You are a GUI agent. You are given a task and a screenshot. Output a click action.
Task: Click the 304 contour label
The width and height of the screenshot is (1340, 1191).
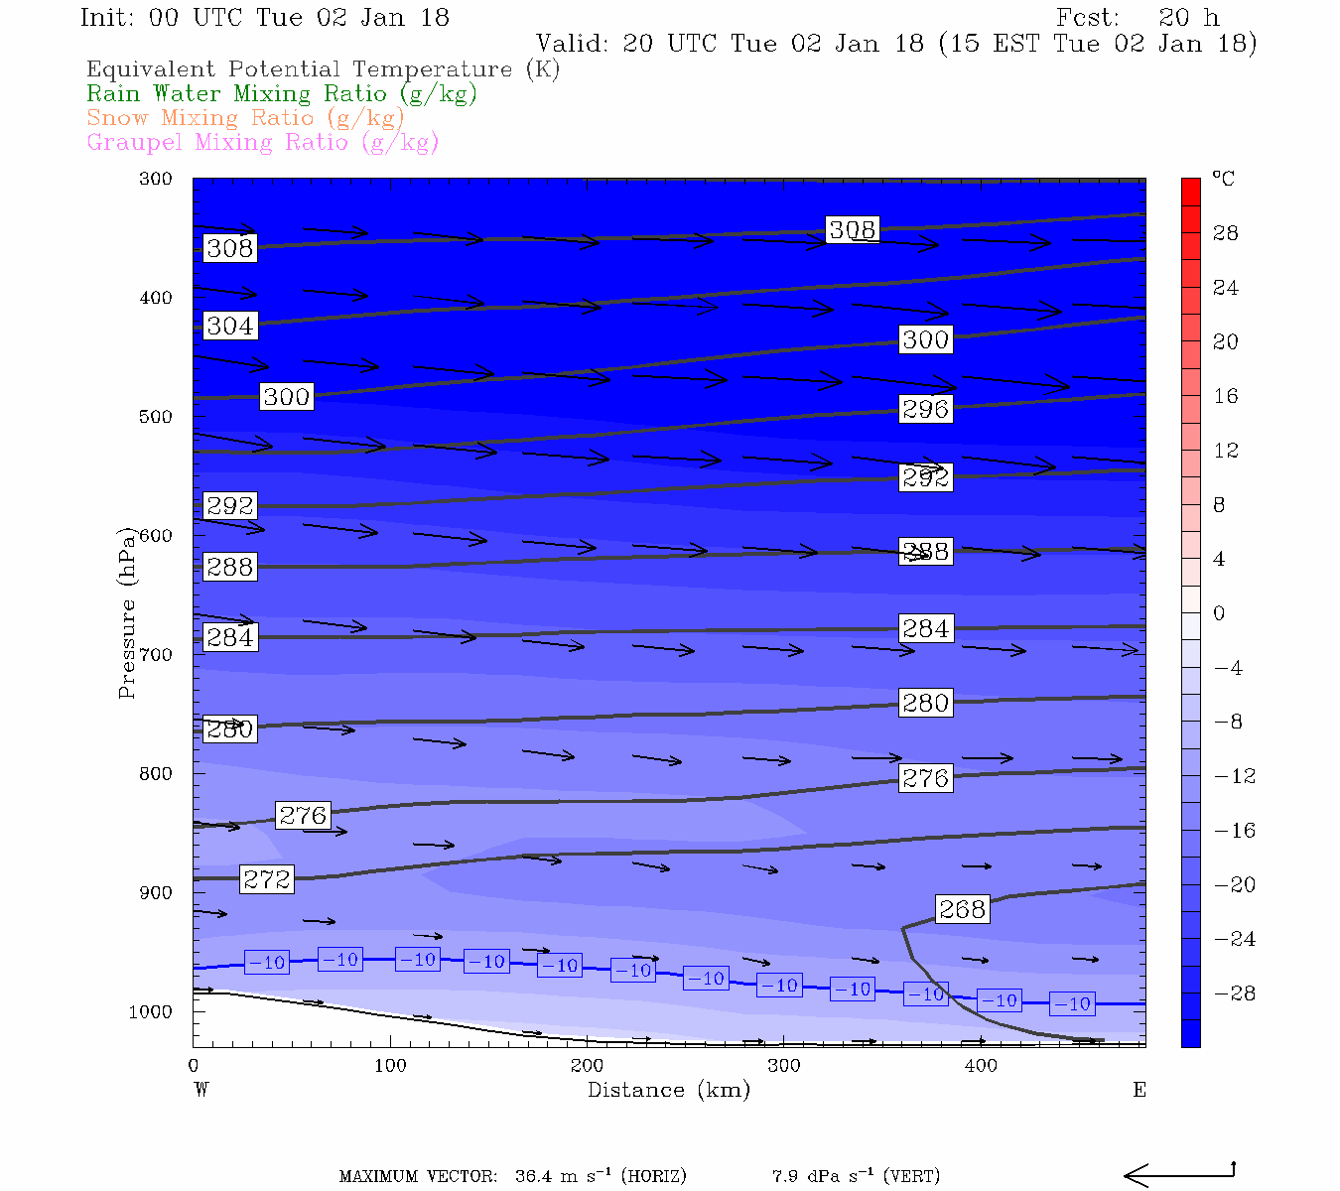[x=230, y=326]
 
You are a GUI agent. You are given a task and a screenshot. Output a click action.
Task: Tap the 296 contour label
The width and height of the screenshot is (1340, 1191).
[x=925, y=409]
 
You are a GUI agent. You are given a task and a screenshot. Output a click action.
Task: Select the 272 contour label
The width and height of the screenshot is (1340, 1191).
[x=267, y=879]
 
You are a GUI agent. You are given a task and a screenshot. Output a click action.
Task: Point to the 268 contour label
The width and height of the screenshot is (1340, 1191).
[x=962, y=909]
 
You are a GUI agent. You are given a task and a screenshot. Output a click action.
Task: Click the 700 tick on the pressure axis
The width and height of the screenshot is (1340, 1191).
[x=156, y=655]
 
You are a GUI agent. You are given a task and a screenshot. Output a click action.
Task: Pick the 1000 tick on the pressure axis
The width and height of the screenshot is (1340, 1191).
[x=151, y=1012]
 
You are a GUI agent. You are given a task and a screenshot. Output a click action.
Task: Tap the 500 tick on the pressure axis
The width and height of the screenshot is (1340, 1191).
[x=156, y=417]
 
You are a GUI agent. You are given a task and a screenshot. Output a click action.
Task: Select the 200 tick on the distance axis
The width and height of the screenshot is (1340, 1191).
[x=587, y=1066]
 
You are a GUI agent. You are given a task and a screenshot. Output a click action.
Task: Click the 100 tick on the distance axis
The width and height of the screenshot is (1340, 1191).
[x=390, y=1066]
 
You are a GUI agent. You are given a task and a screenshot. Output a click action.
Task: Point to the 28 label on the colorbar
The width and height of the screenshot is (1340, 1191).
[x=1226, y=234]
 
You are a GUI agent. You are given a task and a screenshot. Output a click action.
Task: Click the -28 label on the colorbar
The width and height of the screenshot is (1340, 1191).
[x=1235, y=993]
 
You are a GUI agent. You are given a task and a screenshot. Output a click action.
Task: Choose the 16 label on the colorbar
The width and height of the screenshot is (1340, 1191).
[x=1226, y=397]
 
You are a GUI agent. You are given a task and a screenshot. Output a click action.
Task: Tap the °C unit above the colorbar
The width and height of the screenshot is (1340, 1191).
[x=1223, y=179]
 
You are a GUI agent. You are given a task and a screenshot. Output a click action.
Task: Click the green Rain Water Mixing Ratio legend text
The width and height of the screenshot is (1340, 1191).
[x=282, y=94]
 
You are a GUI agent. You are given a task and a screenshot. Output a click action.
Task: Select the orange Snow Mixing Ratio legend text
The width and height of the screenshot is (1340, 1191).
[x=245, y=118]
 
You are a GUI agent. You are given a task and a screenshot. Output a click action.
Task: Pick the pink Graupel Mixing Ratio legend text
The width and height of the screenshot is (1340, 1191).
[x=262, y=143]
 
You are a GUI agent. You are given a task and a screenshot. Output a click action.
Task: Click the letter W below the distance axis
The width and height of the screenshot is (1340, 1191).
[x=201, y=1090]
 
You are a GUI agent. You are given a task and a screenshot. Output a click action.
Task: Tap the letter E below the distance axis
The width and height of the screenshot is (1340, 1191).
[x=1139, y=1090]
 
